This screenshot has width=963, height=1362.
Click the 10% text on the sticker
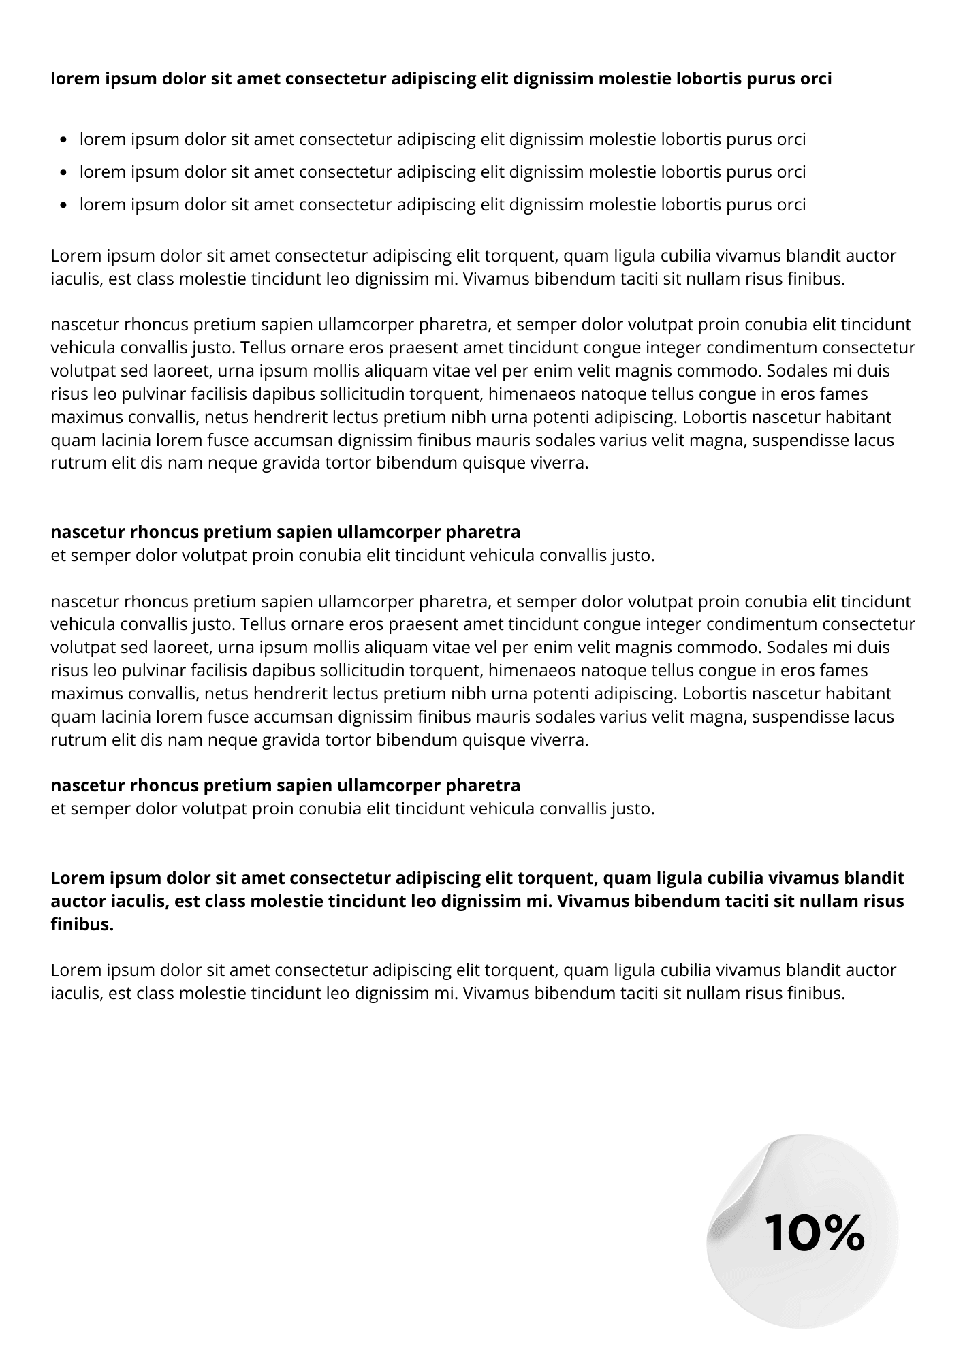coord(815,1233)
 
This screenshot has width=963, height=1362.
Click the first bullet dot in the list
coord(64,140)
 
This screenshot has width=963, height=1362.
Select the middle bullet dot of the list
coord(64,173)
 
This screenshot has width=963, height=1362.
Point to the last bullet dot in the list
coord(64,205)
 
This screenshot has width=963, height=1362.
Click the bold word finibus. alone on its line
coord(82,925)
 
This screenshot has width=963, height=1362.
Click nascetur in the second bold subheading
coord(87,786)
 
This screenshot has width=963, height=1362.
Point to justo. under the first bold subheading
coord(633,556)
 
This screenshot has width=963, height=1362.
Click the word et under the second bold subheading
coord(58,810)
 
